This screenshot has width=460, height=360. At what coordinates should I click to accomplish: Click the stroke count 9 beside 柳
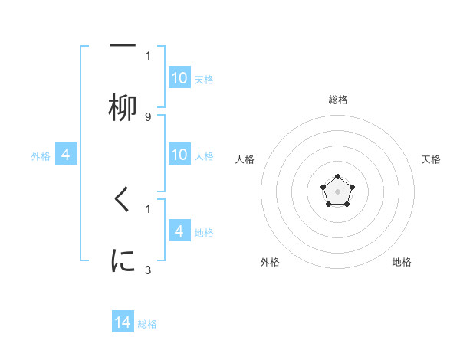click(148, 116)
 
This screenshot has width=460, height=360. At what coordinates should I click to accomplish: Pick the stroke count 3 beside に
click(148, 270)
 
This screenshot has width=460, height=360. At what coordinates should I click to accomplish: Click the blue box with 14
click(123, 322)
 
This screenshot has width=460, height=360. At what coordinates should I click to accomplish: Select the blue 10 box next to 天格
click(179, 78)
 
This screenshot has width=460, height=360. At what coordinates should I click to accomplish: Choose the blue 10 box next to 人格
click(179, 155)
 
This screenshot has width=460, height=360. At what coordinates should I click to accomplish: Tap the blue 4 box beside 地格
click(179, 231)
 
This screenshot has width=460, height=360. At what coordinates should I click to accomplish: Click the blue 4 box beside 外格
click(66, 155)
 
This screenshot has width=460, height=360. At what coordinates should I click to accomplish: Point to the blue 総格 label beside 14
click(147, 324)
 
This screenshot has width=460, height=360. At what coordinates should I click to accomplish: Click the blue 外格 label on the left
click(41, 156)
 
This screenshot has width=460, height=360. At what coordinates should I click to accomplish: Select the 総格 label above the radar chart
click(338, 100)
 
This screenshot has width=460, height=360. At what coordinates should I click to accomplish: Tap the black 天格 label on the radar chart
click(431, 159)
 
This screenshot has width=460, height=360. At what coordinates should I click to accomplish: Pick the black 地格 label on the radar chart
click(402, 262)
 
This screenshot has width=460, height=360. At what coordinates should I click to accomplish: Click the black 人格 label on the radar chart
click(245, 159)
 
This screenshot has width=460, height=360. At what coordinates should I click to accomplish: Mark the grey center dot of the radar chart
click(337, 191)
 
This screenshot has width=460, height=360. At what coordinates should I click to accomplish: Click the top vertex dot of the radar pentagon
click(337, 177)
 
